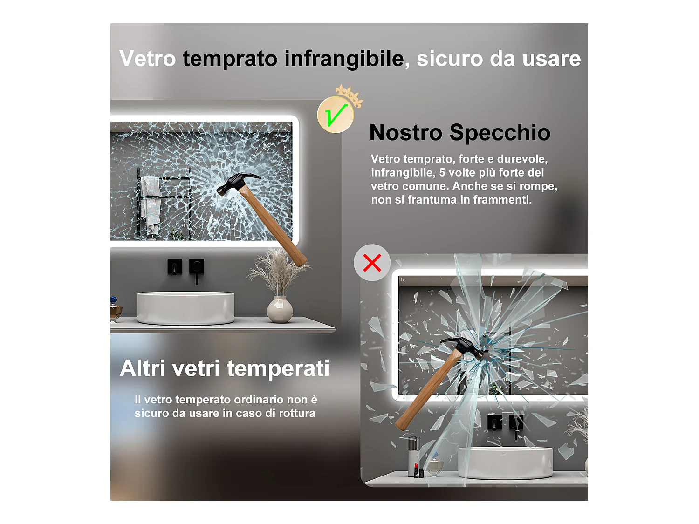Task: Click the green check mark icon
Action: (336, 115)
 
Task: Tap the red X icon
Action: (372, 263)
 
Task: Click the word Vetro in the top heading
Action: (147, 59)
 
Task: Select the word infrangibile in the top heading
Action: (344, 59)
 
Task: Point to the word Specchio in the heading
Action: (500, 133)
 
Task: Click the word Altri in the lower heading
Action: (143, 368)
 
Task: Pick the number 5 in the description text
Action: (442, 172)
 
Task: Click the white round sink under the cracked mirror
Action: (185, 308)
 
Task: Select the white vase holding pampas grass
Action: (280, 310)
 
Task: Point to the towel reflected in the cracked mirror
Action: (151, 204)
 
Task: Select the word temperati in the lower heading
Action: (278, 368)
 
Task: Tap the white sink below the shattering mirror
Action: (506, 463)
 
